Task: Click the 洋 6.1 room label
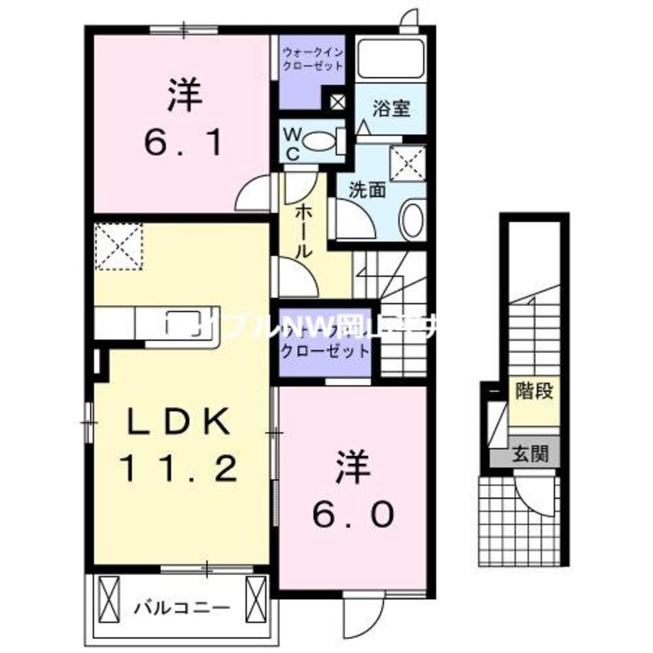(184, 119)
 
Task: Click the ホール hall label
(303, 230)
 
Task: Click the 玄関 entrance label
(533, 453)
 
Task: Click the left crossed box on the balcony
(108, 595)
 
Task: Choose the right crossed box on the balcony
(255, 595)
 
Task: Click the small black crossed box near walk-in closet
(338, 100)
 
